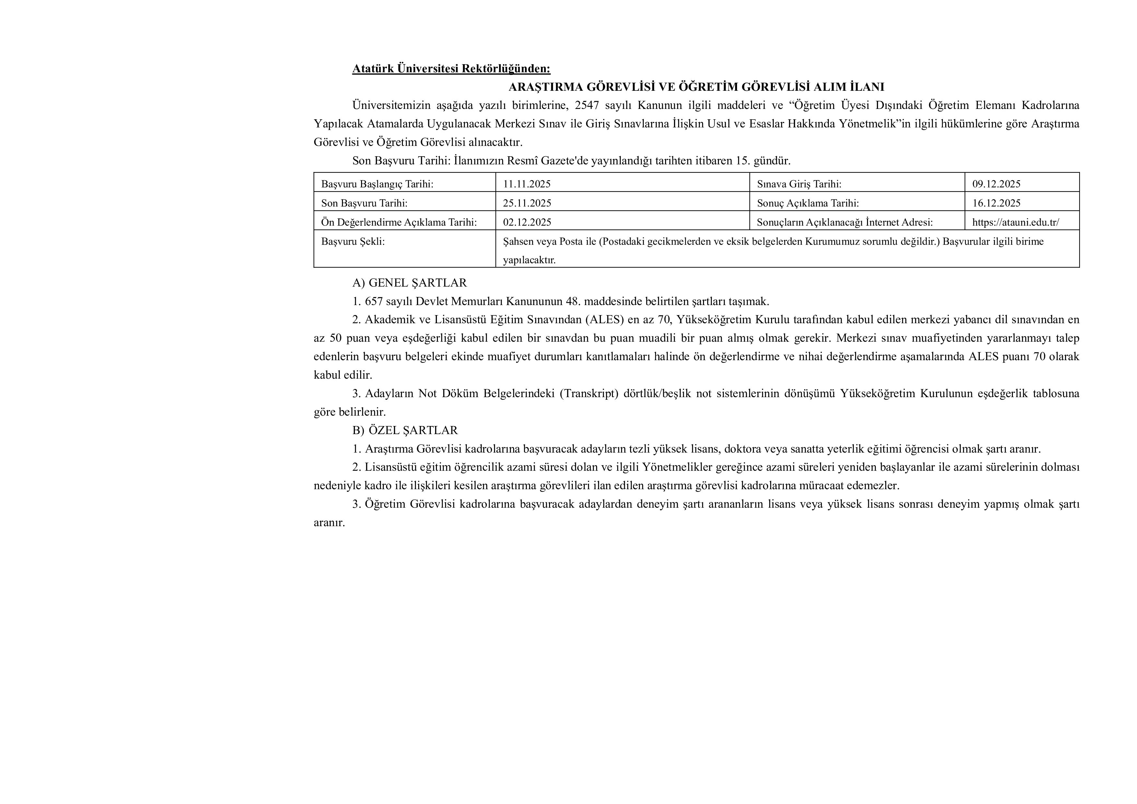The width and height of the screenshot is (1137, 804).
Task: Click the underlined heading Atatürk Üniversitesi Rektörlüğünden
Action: pyautogui.click(x=451, y=68)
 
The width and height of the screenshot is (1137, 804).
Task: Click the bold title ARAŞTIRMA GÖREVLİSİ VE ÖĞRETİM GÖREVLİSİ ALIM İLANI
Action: pyautogui.click(x=696, y=87)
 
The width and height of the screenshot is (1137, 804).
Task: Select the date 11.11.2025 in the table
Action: pyautogui.click(x=527, y=184)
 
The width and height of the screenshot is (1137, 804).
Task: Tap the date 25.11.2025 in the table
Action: pyautogui.click(x=527, y=203)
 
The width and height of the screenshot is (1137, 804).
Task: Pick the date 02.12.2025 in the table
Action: pyautogui.click(x=527, y=222)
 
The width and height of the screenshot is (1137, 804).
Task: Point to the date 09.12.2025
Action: pyautogui.click(x=996, y=184)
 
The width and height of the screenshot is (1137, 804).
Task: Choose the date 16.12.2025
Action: pyautogui.click(x=996, y=203)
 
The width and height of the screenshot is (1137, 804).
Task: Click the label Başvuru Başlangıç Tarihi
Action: pyautogui.click(x=377, y=184)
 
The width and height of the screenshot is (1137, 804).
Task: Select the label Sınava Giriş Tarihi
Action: pyautogui.click(x=799, y=184)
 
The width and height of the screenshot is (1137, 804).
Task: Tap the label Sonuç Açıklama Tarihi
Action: pyautogui.click(x=808, y=203)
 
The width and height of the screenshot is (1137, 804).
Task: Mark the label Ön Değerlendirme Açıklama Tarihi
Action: pyautogui.click(x=399, y=222)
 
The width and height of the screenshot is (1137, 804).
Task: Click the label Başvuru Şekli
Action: pyautogui.click(x=353, y=242)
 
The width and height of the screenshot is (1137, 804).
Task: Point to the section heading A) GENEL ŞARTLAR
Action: pyautogui.click(x=410, y=283)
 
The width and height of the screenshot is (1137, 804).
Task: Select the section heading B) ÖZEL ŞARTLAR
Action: pyautogui.click(x=405, y=430)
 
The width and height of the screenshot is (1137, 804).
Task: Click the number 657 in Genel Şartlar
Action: pyautogui.click(x=374, y=301)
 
